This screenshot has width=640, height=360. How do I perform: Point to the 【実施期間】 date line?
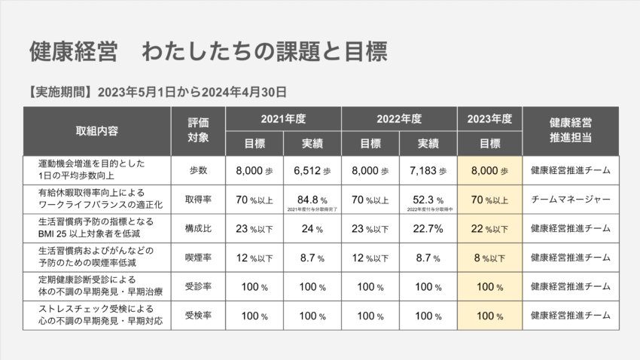pos(154,93)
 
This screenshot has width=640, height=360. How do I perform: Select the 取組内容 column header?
pos(97,130)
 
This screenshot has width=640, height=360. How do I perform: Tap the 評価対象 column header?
pos(198,130)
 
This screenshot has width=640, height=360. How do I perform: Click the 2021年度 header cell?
pos(283,119)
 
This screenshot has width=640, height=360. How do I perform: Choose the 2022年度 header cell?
pos(399,119)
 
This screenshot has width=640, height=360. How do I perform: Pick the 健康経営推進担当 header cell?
pos(570,130)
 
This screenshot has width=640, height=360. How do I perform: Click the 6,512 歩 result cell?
pos(312,171)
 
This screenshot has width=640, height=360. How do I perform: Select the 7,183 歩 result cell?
pos(428,171)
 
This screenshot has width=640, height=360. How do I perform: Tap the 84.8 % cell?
pos(312,200)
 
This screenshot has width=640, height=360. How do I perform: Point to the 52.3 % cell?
pos(428,200)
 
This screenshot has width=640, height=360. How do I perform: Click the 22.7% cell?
pos(428,228)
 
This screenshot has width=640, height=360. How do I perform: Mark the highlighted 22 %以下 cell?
pos(489,228)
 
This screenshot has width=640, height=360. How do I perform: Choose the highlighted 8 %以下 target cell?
pos(489,258)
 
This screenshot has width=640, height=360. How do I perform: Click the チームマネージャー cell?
pos(570,200)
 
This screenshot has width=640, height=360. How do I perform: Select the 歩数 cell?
pos(198,171)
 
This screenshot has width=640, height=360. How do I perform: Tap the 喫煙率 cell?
pos(198,258)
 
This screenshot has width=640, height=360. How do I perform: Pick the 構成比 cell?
pos(198,228)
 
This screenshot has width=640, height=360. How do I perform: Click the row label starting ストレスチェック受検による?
pos(97,315)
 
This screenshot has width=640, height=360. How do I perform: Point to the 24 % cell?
pos(312,228)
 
